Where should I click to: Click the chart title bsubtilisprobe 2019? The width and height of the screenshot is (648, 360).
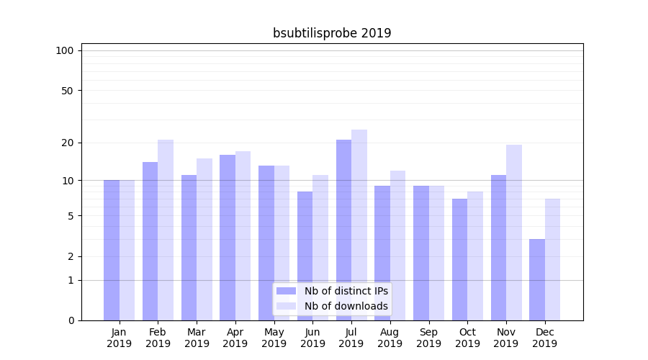click(x=332, y=33)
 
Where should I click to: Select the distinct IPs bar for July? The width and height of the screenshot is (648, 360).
click(x=343, y=230)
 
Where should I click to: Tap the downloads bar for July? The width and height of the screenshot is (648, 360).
click(x=359, y=225)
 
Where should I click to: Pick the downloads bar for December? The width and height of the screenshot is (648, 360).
click(x=552, y=259)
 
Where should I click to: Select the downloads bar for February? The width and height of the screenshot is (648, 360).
click(x=166, y=230)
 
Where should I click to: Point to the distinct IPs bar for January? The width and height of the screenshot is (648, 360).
click(x=112, y=250)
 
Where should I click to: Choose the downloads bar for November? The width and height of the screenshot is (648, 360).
click(x=514, y=233)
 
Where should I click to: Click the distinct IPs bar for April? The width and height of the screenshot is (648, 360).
click(x=228, y=238)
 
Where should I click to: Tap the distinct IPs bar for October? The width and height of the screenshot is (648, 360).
click(x=460, y=259)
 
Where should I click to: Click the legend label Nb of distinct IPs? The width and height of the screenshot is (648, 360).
click(x=346, y=291)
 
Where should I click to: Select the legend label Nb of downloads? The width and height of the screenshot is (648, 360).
click(x=346, y=306)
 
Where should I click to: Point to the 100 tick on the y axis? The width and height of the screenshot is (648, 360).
click(x=65, y=50)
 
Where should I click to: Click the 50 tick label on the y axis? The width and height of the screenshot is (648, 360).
click(x=68, y=91)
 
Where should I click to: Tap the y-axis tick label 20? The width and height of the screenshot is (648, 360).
click(x=68, y=143)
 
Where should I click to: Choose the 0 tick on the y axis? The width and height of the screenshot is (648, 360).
click(x=71, y=320)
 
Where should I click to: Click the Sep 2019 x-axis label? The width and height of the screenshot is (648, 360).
click(x=428, y=338)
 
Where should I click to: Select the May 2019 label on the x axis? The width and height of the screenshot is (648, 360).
click(x=274, y=338)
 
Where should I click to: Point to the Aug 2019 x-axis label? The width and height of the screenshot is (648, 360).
click(x=390, y=338)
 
